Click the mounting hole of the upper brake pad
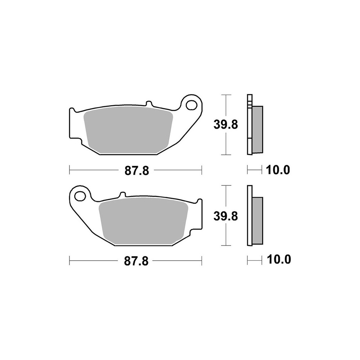click(192, 105)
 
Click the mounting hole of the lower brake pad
click(80, 196)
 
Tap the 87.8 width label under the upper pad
click(137, 171)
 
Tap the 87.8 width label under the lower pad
click(136, 261)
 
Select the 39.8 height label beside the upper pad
click(226, 125)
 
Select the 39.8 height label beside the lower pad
click(226, 216)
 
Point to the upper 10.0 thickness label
click(278, 170)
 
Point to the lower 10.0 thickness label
click(279, 260)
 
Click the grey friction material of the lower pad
click(143, 221)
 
